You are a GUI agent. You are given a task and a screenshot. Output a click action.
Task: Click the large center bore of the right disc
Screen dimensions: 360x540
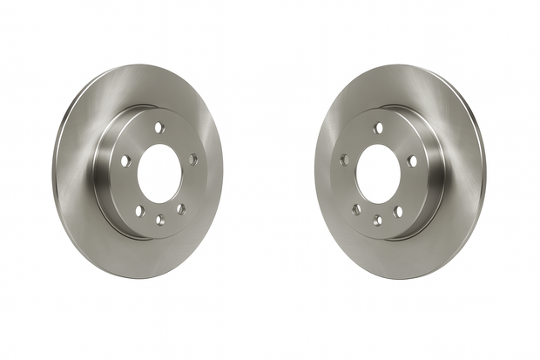[x=377, y=169]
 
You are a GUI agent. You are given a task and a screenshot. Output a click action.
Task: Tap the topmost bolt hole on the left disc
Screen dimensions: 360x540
[x=159, y=127]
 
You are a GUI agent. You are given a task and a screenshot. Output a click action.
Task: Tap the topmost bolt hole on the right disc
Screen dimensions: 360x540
[x=378, y=128]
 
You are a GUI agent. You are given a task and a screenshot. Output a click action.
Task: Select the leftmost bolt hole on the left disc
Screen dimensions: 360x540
[x=125, y=160]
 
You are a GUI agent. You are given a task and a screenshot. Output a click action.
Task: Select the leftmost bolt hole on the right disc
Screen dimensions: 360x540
[x=344, y=160]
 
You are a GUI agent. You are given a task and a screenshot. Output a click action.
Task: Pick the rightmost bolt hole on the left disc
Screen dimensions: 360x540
[x=192, y=160]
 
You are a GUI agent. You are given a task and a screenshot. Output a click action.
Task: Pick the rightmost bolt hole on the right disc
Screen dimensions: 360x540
[x=410, y=160]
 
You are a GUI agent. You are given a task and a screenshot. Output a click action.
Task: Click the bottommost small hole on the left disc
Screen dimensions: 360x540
[x=159, y=220]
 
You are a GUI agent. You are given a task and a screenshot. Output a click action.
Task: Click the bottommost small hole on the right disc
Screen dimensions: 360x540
[x=377, y=220]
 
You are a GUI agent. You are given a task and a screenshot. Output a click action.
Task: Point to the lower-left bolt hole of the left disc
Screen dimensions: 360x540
[x=138, y=211]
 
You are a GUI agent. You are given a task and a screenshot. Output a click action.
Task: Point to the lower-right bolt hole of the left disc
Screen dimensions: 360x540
[x=180, y=209]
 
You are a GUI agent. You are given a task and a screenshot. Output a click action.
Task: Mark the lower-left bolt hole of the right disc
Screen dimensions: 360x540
[x=356, y=209]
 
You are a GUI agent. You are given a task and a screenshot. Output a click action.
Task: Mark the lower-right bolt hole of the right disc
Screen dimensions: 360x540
[x=398, y=212]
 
